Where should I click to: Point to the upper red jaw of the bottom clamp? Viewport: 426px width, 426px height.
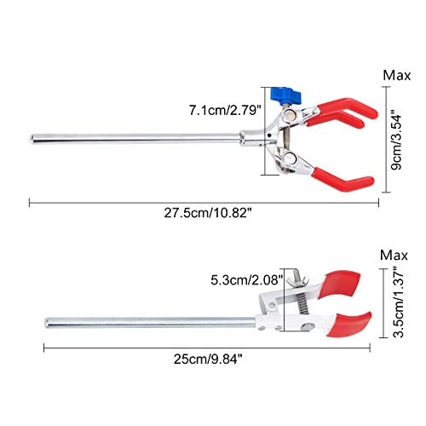coord(343,279)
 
